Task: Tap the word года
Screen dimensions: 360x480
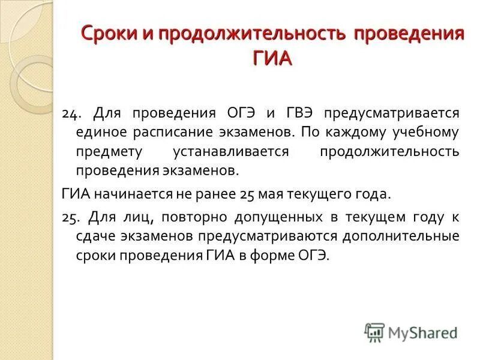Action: tap(373, 194)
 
